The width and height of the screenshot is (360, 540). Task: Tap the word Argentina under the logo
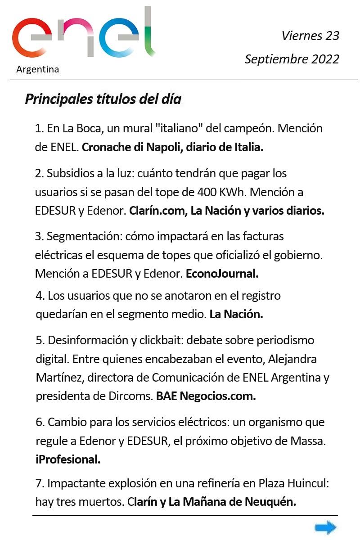click(x=37, y=69)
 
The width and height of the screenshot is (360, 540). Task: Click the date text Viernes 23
click(x=310, y=36)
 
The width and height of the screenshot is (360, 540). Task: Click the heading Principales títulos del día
click(x=103, y=99)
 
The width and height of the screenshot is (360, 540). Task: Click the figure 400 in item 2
click(x=207, y=192)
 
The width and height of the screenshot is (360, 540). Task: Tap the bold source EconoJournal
click(x=222, y=273)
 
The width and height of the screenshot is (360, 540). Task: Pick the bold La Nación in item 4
click(x=236, y=315)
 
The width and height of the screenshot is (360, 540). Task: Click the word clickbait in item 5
click(x=153, y=340)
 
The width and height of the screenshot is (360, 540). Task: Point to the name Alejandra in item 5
click(x=293, y=359)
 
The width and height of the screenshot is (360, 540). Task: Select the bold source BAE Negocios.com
click(x=206, y=396)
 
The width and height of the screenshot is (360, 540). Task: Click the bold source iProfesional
click(x=67, y=460)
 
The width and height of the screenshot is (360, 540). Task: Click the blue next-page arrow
click(x=325, y=527)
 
